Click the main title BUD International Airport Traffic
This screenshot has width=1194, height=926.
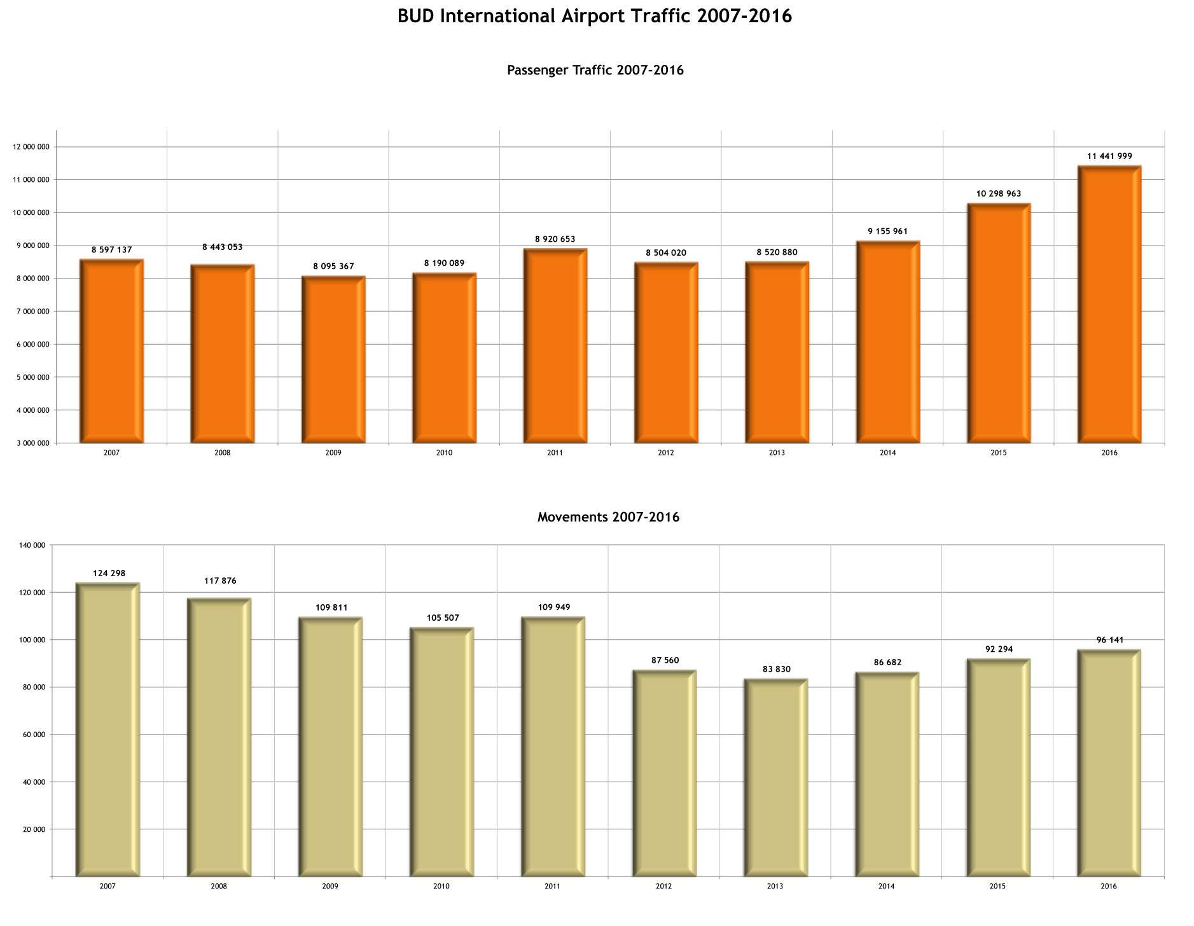pyautogui.click(x=595, y=16)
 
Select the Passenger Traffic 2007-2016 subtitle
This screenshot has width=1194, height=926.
pyautogui.click(x=595, y=70)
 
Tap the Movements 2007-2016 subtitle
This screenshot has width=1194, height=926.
pyautogui.click(x=608, y=517)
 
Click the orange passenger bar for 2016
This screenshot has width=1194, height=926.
pyautogui.click(x=1109, y=305)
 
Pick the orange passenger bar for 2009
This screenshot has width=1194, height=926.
pyautogui.click(x=333, y=359)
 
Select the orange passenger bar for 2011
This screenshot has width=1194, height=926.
pyautogui.click(x=555, y=347)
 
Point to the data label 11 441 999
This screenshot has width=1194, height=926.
pyautogui.click(x=1109, y=156)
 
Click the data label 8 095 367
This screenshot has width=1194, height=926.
pyautogui.click(x=333, y=266)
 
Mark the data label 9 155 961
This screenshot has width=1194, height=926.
pyautogui.click(x=887, y=231)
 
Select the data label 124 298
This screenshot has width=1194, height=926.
pyautogui.click(x=109, y=573)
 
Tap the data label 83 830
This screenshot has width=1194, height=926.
pyautogui.click(x=776, y=669)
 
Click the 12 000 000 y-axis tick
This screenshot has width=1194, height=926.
pyautogui.click(x=31, y=147)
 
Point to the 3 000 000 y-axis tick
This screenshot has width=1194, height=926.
pyautogui.click(x=32, y=443)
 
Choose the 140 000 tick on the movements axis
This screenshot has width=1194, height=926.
pyautogui.click(x=32, y=545)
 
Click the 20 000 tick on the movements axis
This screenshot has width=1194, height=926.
pyautogui.click(x=34, y=829)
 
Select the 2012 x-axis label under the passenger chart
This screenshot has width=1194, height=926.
pyautogui.click(x=665, y=453)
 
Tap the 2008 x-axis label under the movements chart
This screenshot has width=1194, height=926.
pyautogui.click(x=219, y=886)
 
